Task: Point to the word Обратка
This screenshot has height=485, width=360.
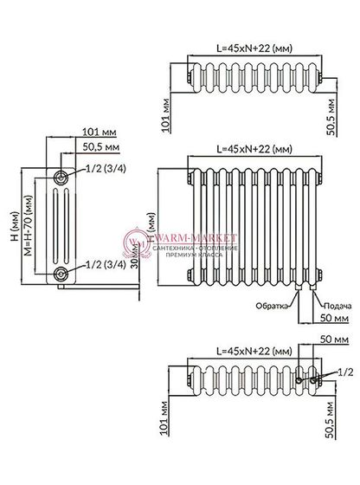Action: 269,305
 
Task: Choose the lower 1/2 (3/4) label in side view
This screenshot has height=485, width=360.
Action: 100,264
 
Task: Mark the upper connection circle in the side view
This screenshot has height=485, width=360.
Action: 61,177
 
